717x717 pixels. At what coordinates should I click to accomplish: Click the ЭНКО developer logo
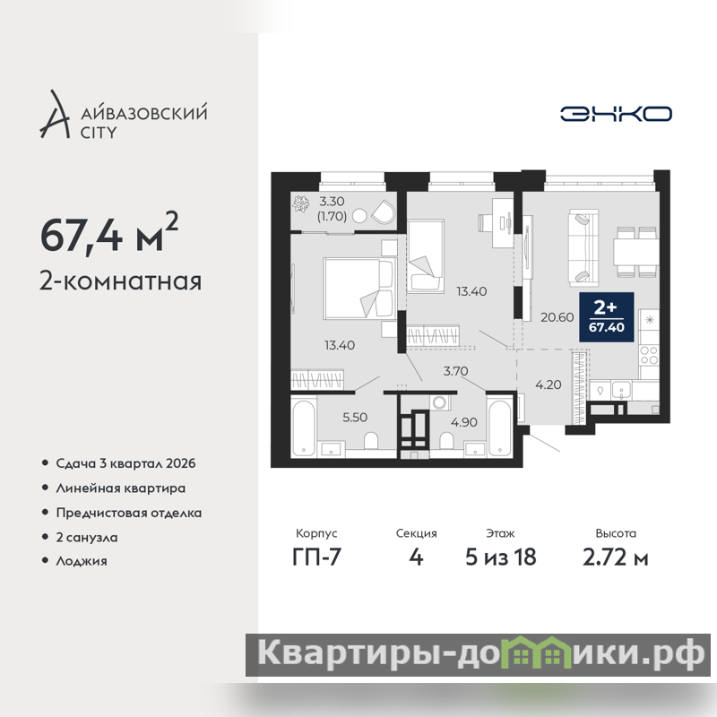click(x=616, y=114)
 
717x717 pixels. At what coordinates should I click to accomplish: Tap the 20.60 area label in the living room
click(x=557, y=317)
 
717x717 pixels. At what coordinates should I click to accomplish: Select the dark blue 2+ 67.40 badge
click(x=607, y=317)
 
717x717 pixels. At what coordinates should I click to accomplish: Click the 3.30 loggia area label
click(x=332, y=201)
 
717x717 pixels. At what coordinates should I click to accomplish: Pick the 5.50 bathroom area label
click(x=355, y=417)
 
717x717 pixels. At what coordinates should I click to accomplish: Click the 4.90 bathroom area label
click(x=464, y=422)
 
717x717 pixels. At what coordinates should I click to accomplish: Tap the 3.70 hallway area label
click(x=455, y=371)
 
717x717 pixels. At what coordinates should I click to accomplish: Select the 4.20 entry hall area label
click(x=549, y=384)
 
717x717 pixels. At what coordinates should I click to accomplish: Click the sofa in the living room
click(x=583, y=248)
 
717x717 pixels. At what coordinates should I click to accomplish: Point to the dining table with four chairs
click(x=636, y=252)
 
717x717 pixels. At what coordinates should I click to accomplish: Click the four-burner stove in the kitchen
click(x=649, y=356)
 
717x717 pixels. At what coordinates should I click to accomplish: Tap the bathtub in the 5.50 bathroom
click(x=304, y=428)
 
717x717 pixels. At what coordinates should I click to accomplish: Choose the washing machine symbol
click(x=440, y=402)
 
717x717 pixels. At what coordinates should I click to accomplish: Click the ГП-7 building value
click(x=316, y=557)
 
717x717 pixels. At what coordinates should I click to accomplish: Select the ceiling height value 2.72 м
click(x=616, y=557)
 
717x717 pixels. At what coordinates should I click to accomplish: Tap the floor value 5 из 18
click(x=501, y=557)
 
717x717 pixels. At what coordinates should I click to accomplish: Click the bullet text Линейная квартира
click(x=121, y=488)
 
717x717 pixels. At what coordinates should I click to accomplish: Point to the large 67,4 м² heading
click(x=108, y=234)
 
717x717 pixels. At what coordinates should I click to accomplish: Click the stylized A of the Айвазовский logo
click(x=55, y=115)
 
